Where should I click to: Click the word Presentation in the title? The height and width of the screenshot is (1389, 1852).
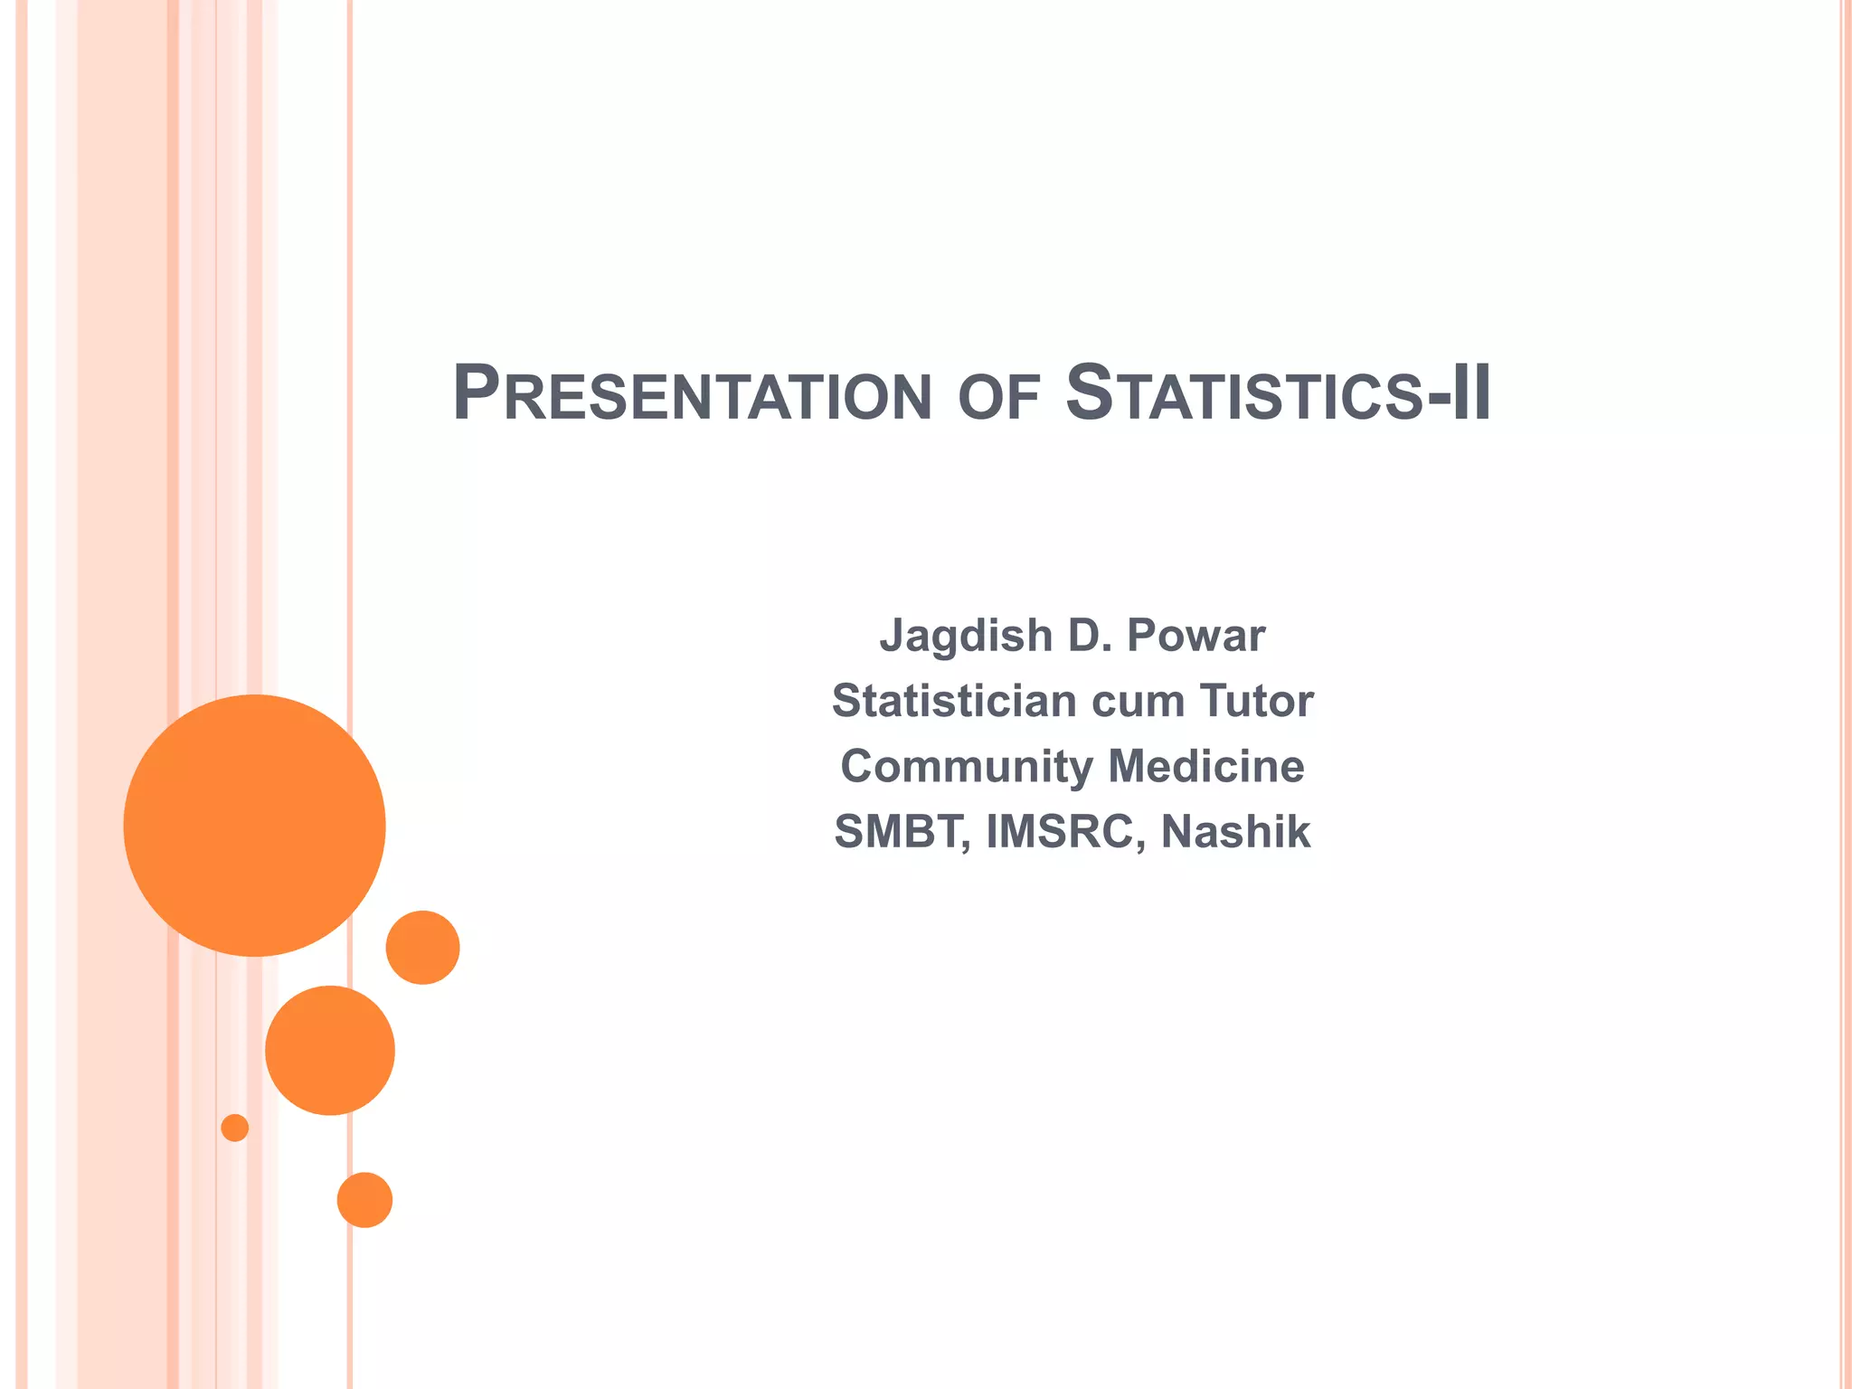pyautogui.click(x=692, y=394)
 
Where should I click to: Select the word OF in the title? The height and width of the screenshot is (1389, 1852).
pyautogui.click(x=998, y=399)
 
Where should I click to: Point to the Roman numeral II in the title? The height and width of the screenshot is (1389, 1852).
pyautogui.click(x=1470, y=394)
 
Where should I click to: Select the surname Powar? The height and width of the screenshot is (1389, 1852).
pyautogui.click(x=1195, y=636)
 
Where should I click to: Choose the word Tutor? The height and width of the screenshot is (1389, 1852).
pyautogui.click(x=1257, y=701)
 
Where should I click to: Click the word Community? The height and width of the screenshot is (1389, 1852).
pyautogui.click(x=967, y=768)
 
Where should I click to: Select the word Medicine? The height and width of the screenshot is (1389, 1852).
pyautogui.click(x=1206, y=767)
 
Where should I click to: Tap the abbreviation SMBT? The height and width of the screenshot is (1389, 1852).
pyautogui.click(x=901, y=832)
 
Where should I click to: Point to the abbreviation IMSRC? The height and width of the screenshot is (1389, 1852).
pyautogui.click(x=1059, y=832)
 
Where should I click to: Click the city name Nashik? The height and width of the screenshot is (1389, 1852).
pyautogui.click(x=1235, y=832)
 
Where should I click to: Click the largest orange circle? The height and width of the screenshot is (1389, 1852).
pyautogui.click(x=255, y=826)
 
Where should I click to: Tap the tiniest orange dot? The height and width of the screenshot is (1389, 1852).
pyautogui.click(x=235, y=1128)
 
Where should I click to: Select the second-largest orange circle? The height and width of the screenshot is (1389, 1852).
pyautogui.click(x=330, y=1050)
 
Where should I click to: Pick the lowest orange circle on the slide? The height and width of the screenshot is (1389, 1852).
pyautogui.click(x=364, y=1200)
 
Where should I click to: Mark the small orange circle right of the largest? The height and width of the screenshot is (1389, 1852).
pyautogui.click(x=422, y=948)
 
